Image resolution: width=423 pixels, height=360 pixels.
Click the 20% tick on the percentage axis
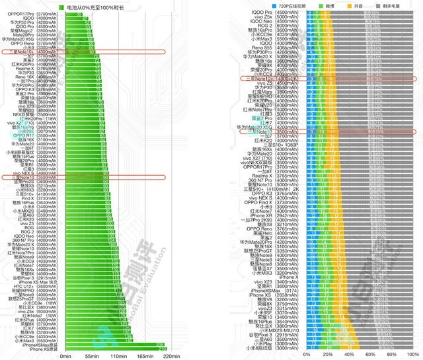pos(327,355)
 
